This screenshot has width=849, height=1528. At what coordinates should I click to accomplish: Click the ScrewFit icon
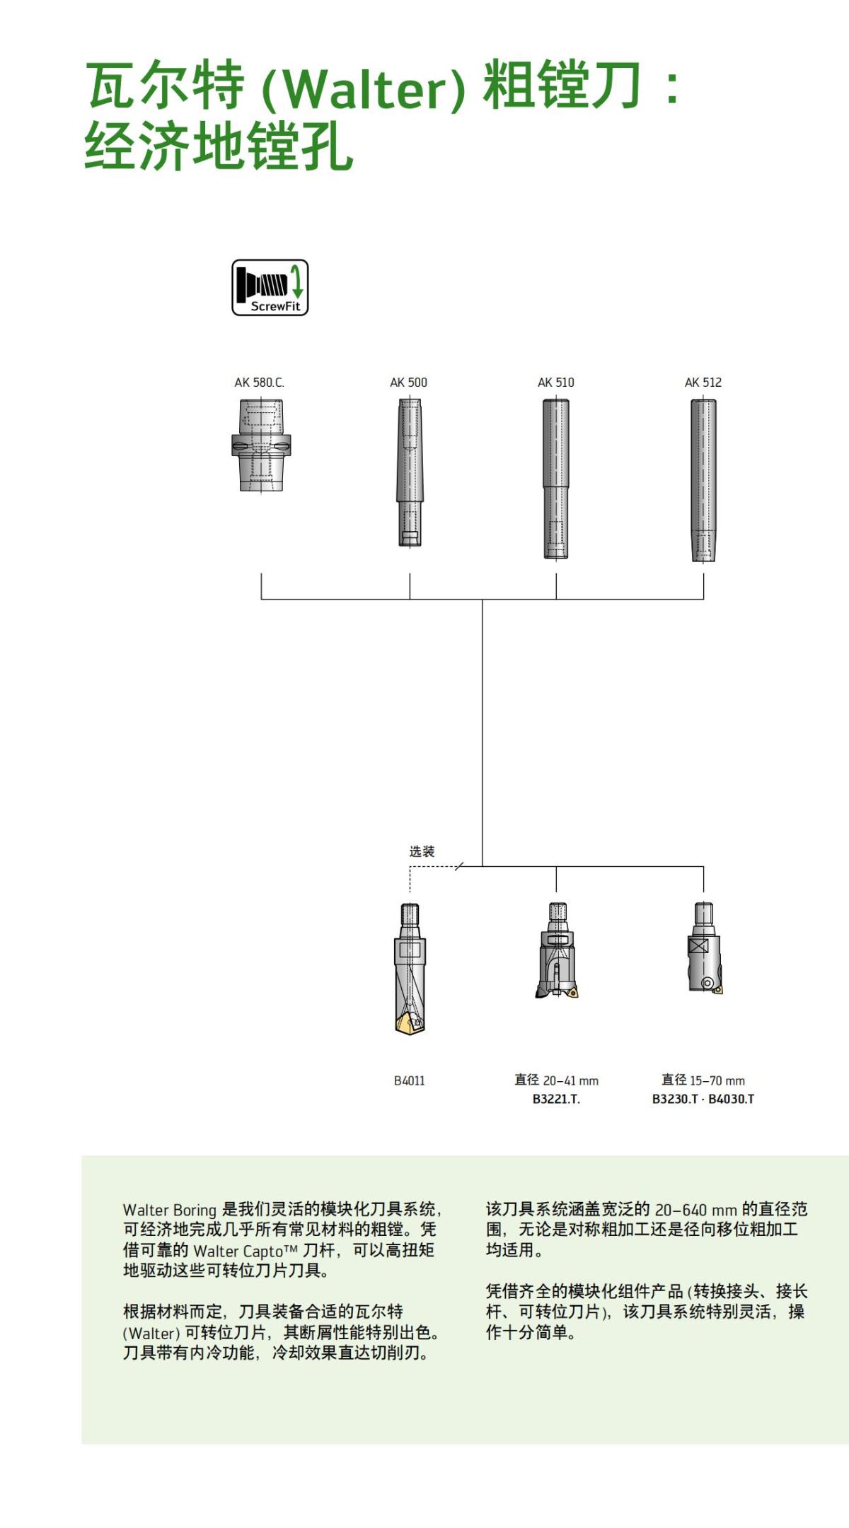click(x=270, y=287)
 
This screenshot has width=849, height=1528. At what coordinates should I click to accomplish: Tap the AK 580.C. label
click(x=259, y=383)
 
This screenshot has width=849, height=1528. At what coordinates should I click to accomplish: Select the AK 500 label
click(x=408, y=383)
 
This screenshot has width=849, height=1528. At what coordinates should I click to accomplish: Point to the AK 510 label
click(x=555, y=383)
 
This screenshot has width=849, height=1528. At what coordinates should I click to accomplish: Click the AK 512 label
click(x=703, y=383)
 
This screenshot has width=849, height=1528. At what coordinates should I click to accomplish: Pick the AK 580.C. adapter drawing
click(x=261, y=445)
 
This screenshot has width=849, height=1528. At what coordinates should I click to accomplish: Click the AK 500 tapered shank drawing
click(x=409, y=472)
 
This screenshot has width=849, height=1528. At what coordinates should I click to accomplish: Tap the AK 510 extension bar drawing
click(x=555, y=479)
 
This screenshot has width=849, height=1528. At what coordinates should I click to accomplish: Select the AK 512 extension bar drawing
click(x=703, y=480)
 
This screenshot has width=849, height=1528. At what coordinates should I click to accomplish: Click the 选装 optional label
click(x=422, y=851)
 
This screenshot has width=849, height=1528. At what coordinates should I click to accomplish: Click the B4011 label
click(x=409, y=1080)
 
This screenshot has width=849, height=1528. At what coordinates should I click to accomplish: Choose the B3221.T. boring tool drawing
click(x=557, y=950)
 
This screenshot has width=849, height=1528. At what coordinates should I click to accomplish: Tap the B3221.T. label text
click(x=556, y=1099)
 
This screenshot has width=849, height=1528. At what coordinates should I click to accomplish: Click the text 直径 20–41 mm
click(x=556, y=1080)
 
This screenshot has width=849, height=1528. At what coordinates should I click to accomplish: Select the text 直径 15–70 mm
click(x=703, y=1080)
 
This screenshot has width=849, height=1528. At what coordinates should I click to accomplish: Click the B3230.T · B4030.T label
click(x=703, y=1099)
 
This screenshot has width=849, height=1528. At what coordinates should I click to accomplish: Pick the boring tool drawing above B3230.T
click(x=705, y=949)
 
